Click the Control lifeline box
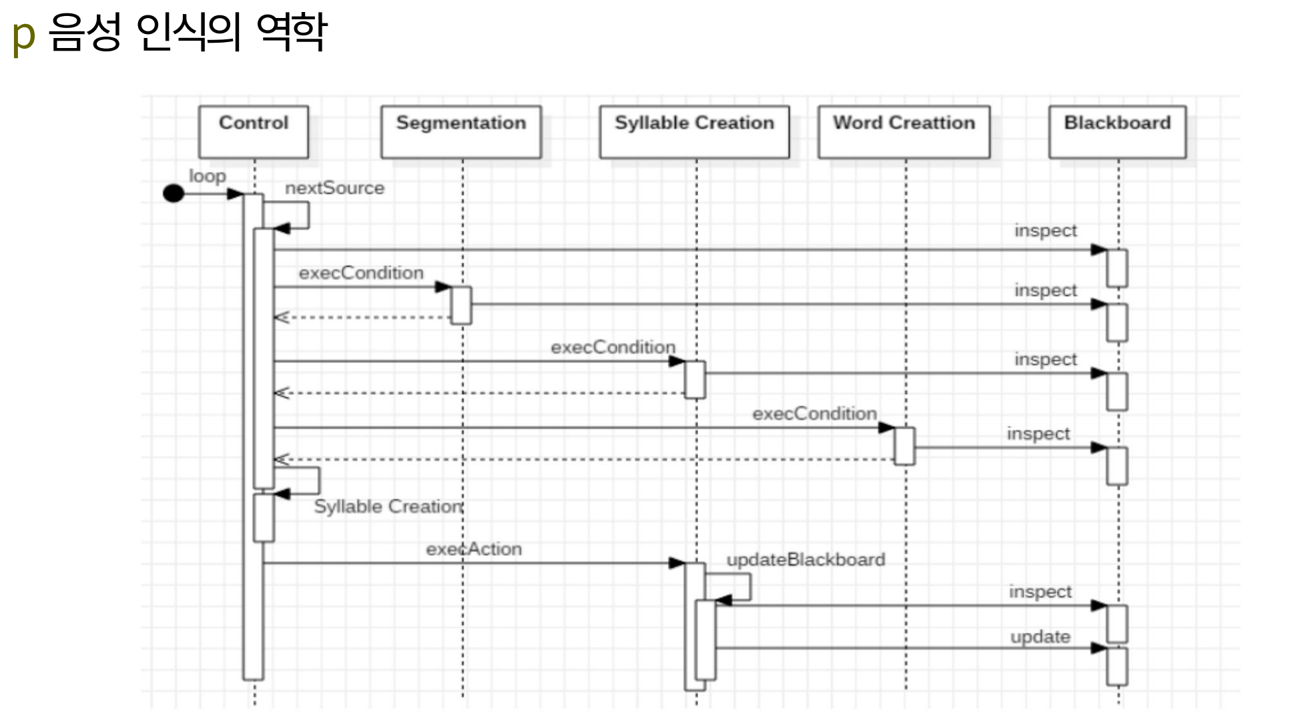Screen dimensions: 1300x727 point(254,132)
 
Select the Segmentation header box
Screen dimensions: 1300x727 point(461,132)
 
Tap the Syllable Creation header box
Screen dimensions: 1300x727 point(694,132)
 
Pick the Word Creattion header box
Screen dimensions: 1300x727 point(904,132)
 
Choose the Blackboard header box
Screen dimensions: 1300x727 point(1118,132)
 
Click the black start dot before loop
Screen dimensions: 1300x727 point(174,193)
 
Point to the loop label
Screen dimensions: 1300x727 point(208,176)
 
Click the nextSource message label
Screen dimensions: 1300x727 point(335,188)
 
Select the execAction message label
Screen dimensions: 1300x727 point(474,549)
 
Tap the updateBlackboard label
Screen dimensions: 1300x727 point(806,560)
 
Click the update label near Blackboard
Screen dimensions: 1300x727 point(1040,637)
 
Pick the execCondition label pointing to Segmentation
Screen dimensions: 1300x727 point(361,273)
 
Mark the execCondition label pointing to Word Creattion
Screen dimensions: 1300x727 point(815,414)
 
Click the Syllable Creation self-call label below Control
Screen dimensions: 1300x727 point(389,507)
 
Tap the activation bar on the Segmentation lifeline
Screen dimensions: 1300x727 point(461,305)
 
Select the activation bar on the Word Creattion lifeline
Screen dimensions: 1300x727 point(904,446)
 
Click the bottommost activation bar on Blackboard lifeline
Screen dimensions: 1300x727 point(1117,666)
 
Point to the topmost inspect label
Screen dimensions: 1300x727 point(1046,231)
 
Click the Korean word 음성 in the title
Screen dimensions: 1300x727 point(85,31)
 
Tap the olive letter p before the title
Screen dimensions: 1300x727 point(23,36)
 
